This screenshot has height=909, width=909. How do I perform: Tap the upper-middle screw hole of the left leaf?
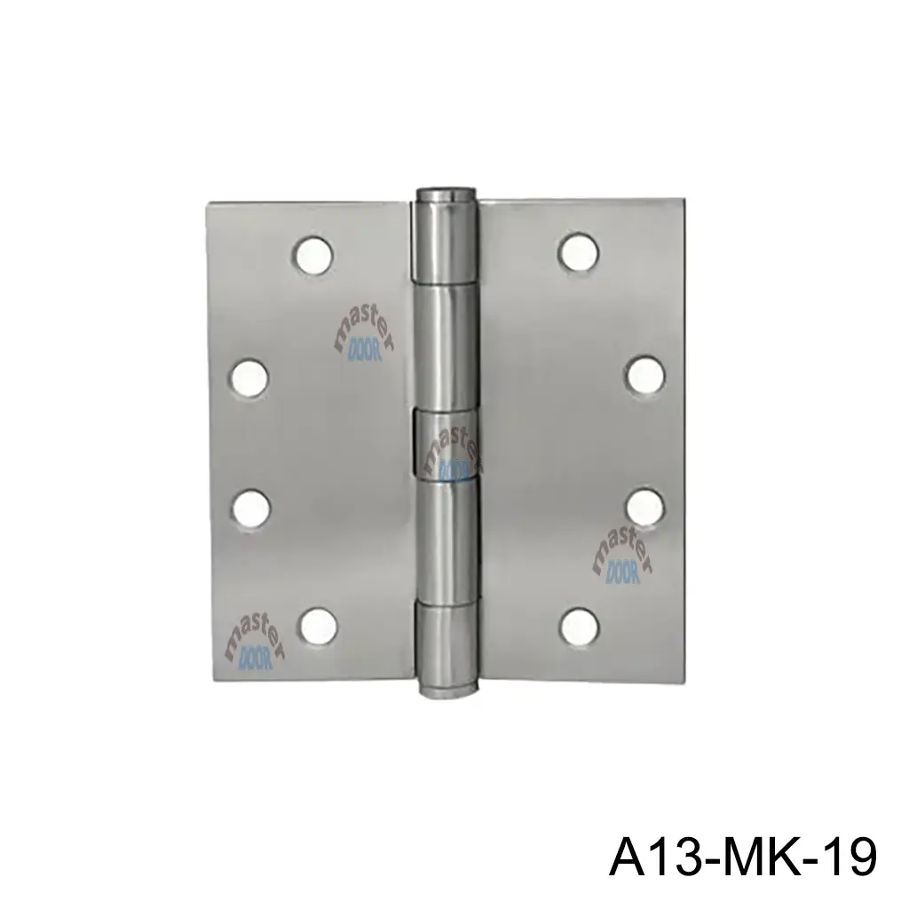(x=250, y=376)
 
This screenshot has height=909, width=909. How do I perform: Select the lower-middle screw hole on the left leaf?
(x=250, y=507)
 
